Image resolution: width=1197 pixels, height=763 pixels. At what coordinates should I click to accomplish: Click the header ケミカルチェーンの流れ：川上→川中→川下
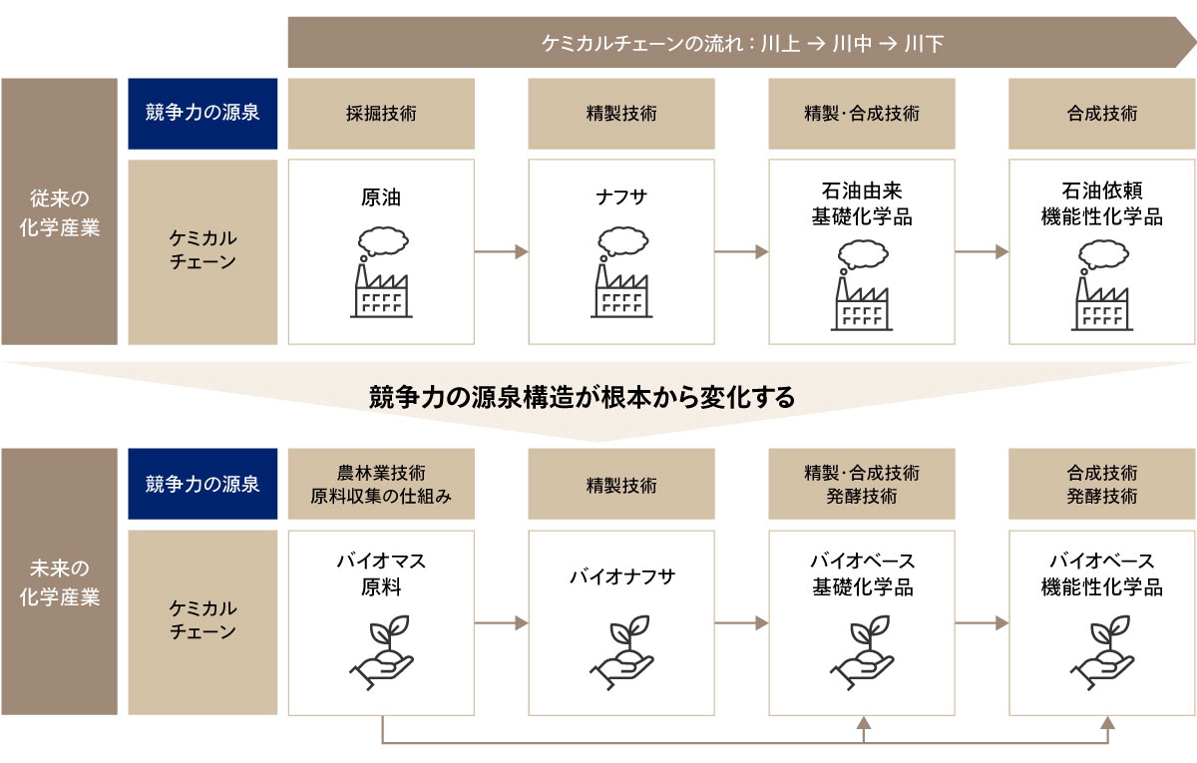tap(742, 43)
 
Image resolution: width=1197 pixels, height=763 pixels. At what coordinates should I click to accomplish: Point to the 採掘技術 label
tap(381, 114)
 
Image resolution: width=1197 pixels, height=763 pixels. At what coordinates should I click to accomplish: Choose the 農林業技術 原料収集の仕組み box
tap(381, 484)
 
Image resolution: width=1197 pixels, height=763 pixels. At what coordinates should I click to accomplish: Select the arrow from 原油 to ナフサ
tap(501, 252)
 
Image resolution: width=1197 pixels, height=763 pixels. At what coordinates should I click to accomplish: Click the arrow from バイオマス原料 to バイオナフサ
tap(501, 622)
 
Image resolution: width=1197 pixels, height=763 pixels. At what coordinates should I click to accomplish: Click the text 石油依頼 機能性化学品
tap(1101, 204)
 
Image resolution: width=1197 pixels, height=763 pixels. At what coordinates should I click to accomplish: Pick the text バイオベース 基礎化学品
tap(862, 573)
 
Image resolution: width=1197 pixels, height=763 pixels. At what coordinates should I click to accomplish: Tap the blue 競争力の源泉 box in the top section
tap(202, 114)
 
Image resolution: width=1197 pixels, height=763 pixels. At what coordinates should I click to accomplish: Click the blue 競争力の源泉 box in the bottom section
tap(202, 484)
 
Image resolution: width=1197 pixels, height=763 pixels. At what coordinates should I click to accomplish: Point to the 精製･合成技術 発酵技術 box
tap(862, 484)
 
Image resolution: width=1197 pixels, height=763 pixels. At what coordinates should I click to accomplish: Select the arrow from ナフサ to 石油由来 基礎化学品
tap(741, 252)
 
